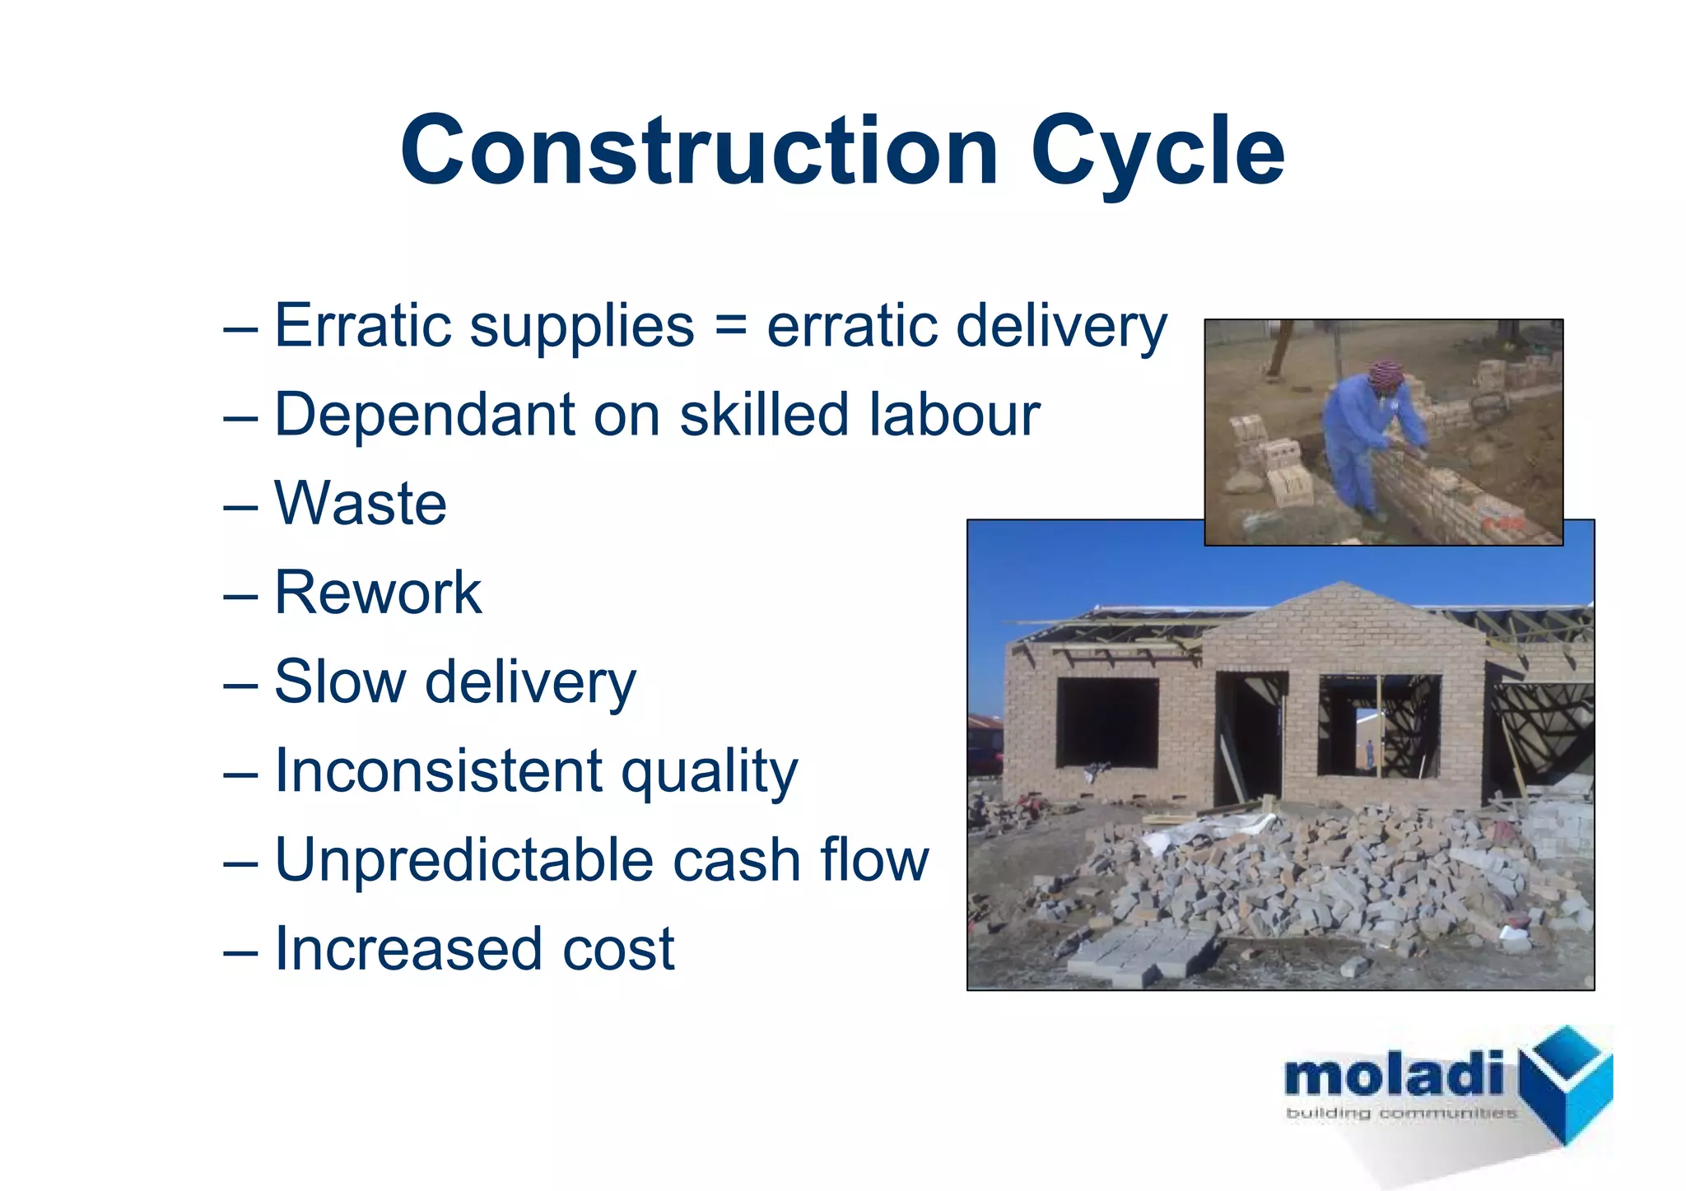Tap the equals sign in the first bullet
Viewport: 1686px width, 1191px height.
coord(730,325)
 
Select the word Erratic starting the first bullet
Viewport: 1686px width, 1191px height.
coord(362,325)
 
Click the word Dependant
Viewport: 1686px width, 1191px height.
coord(424,414)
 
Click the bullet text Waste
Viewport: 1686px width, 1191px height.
coord(361,503)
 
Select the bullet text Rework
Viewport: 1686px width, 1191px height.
coord(377,592)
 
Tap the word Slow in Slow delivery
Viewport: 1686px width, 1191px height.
coord(340,682)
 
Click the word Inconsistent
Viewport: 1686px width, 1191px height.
coord(439,770)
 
